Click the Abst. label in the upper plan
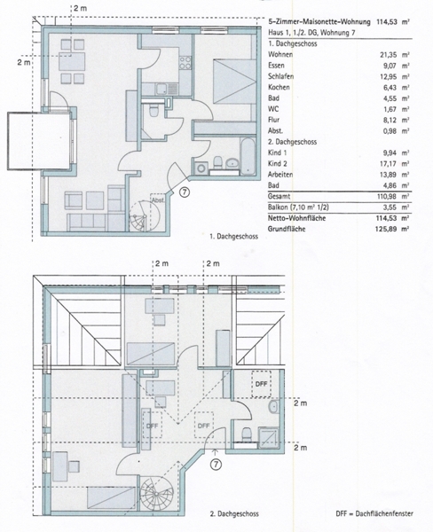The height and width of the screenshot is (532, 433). (x=158, y=200)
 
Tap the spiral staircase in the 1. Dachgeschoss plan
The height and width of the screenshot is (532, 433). (x=142, y=216)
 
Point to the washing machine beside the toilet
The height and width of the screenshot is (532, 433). (x=202, y=168)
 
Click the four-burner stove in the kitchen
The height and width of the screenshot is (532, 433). (x=185, y=63)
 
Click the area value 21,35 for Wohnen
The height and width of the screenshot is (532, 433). (x=388, y=55)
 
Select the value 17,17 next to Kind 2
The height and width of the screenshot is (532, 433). (x=388, y=164)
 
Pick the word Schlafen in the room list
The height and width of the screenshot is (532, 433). (x=281, y=76)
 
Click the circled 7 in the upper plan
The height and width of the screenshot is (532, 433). (x=184, y=192)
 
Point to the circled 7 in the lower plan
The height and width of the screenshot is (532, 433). (x=216, y=464)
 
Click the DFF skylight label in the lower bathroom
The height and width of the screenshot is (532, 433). (x=261, y=384)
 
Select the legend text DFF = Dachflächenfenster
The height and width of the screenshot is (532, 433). (x=374, y=513)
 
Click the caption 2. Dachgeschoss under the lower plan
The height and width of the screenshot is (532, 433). (x=234, y=514)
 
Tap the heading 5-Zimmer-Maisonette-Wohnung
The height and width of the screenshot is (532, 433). (x=319, y=22)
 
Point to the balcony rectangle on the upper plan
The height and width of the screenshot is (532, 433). (x=39, y=141)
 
